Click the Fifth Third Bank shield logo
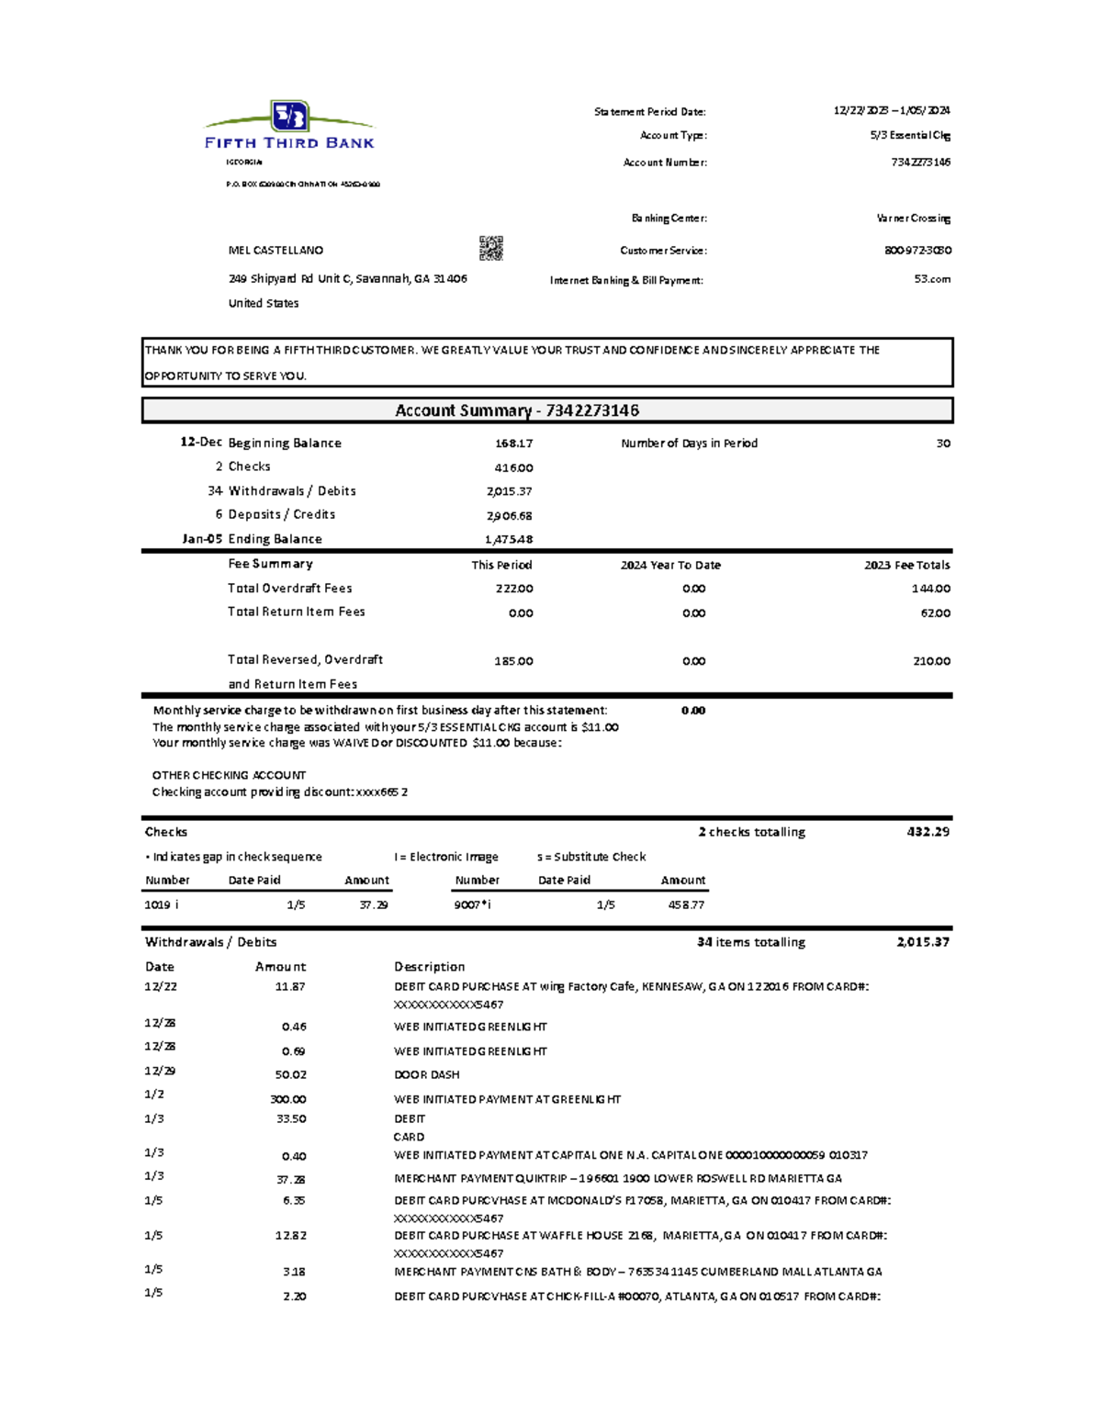(x=290, y=117)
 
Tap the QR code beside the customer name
(x=490, y=248)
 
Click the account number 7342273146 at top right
(x=920, y=163)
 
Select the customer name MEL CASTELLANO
(x=275, y=250)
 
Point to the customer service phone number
(x=917, y=250)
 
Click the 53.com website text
(x=932, y=279)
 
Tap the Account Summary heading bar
(x=547, y=410)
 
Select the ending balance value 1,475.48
(x=509, y=540)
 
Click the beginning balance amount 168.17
(x=513, y=444)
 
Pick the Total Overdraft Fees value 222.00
(x=514, y=589)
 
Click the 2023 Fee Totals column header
(x=906, y=566)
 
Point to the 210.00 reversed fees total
(x=931, y=661)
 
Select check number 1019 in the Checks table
(x=157, y=905)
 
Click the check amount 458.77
(x=686, y=905)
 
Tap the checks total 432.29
(x=928, y=832)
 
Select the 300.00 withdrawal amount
(x=287, y=1100)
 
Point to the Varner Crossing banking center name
(x=913, y=219)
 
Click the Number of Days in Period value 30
(x=943, y=444)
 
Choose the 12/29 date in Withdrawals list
(x=160, y=1071)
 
